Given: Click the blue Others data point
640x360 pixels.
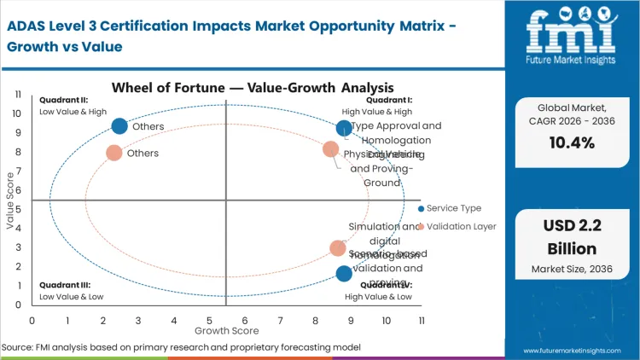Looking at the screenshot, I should click(x=119, y=126).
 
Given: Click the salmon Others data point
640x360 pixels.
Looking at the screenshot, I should click(x=113, y=154).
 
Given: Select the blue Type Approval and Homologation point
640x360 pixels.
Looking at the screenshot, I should click(x=344, y=128).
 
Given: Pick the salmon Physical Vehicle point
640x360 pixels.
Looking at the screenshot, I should click(x=331, y=149).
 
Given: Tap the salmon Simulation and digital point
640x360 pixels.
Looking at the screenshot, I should click(x=338, y=248).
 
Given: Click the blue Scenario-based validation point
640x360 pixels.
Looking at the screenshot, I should click(x=344, y=273).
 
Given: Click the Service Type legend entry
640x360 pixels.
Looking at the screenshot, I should click(x=453, y=208).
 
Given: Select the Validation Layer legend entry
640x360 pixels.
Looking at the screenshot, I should click(x=461, y=226).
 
